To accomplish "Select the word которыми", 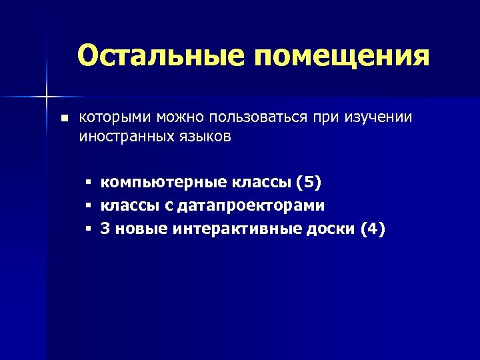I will (115, 118).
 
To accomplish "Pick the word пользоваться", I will (258, 118).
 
